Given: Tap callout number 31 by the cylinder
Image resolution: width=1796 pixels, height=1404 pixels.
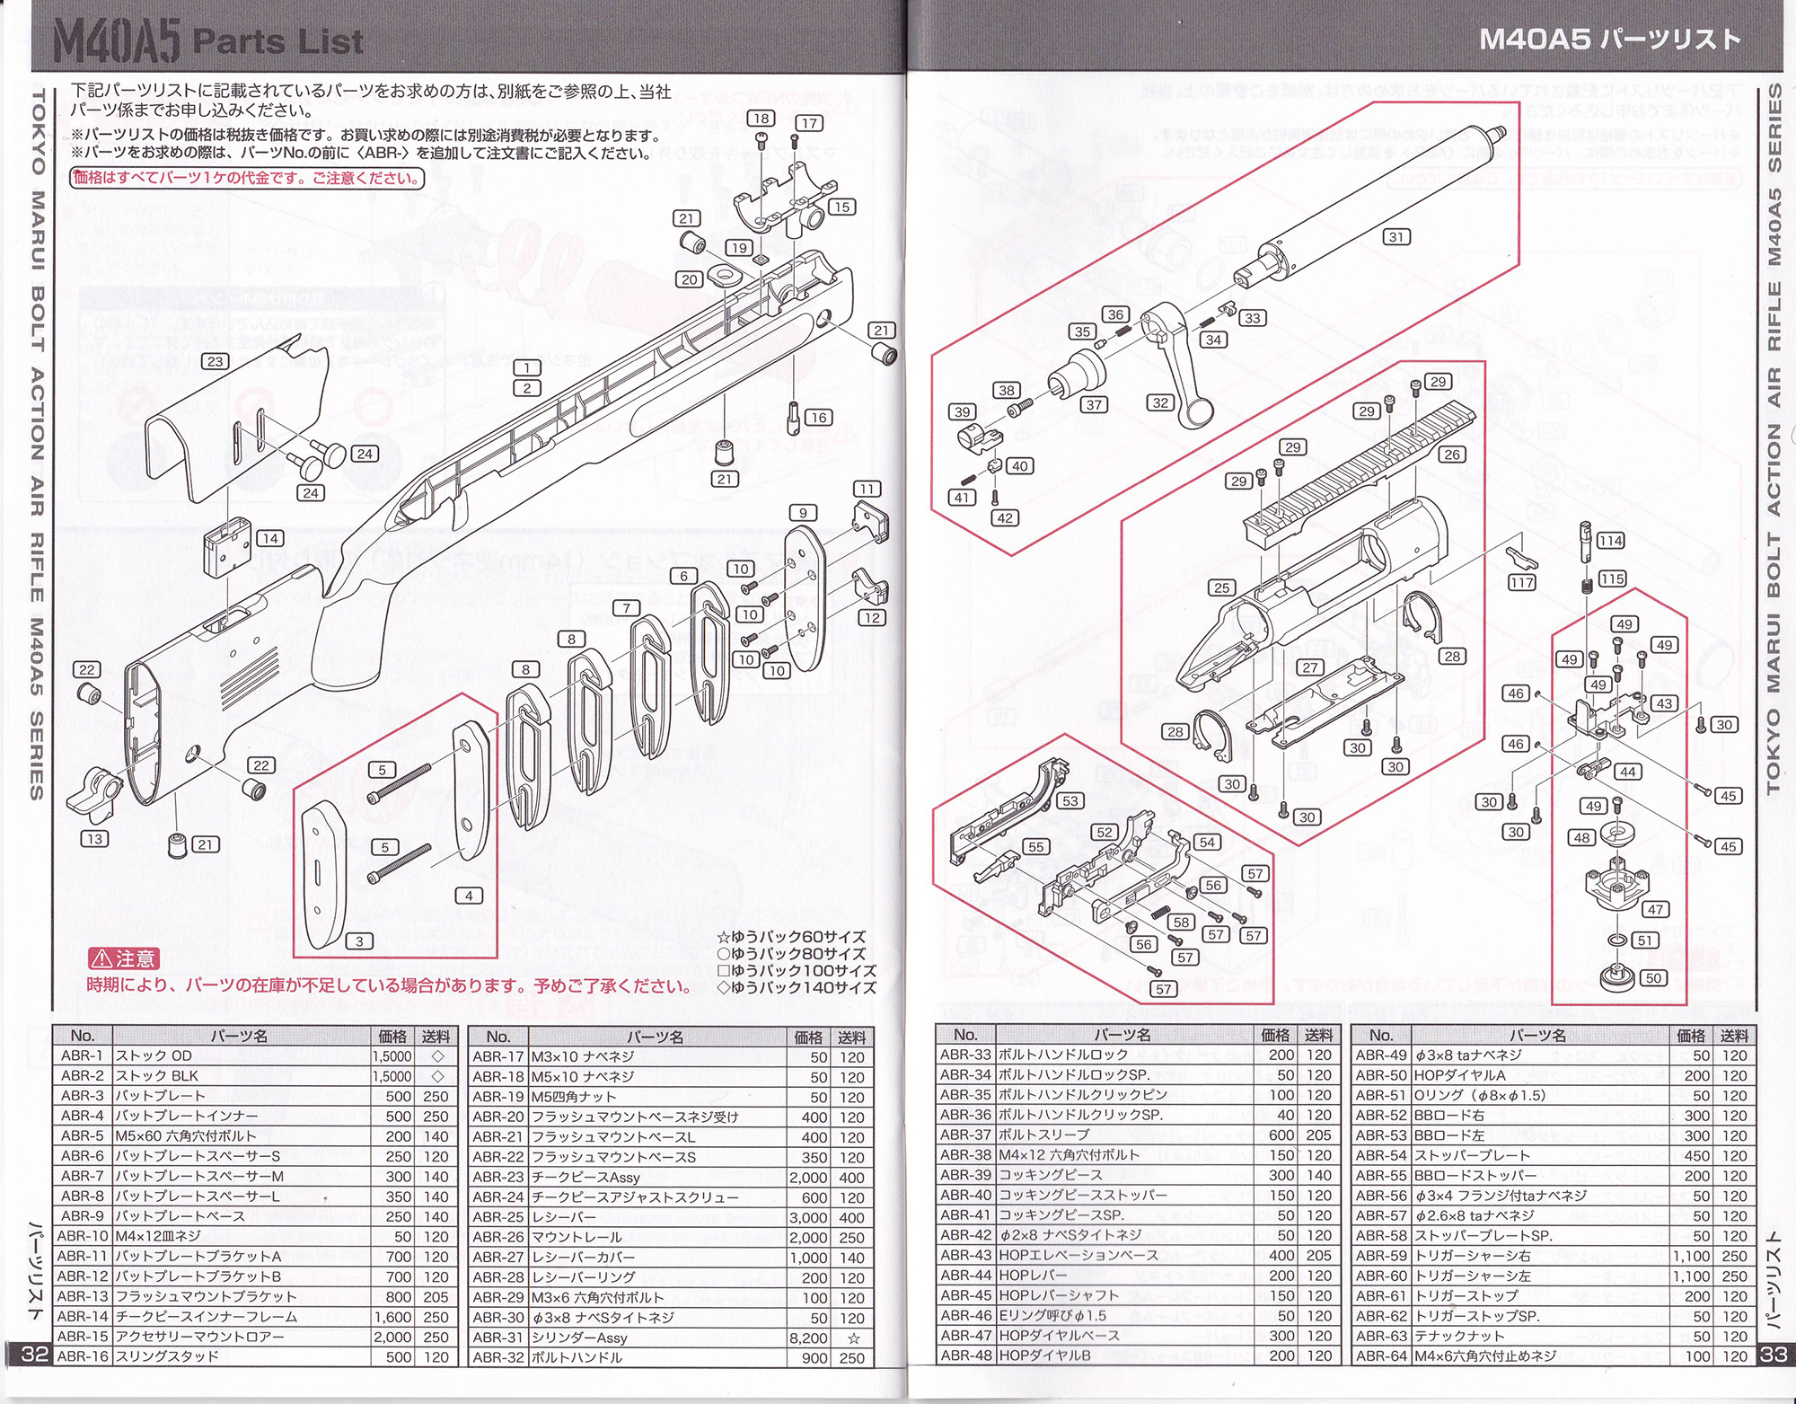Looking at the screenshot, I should tap(1395, 236).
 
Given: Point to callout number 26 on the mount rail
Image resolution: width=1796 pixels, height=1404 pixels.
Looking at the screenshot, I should tap(1452, 455).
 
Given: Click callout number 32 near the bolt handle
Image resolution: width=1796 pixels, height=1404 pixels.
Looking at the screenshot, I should tap(1160, 402).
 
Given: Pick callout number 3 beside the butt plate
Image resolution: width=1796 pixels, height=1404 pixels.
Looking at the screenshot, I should tap(359, 940).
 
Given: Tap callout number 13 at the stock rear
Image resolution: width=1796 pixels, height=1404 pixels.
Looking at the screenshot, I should tap(94, 838).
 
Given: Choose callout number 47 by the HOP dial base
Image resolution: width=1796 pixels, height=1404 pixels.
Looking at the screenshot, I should tap(1655, 909).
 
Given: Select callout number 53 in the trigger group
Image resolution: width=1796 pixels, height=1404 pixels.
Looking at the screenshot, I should tap(1070, 800).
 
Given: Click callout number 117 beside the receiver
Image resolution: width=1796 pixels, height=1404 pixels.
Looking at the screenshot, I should tap(1521, 582).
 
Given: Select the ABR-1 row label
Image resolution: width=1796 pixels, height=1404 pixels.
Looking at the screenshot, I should tap(82, 1055).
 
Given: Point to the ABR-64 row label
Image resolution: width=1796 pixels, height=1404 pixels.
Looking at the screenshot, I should tap(1380, 1355).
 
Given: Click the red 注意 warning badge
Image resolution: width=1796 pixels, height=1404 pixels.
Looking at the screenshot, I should tap(124, 958).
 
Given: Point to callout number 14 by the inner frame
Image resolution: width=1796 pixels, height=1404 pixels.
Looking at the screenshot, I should tap(269, 538).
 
